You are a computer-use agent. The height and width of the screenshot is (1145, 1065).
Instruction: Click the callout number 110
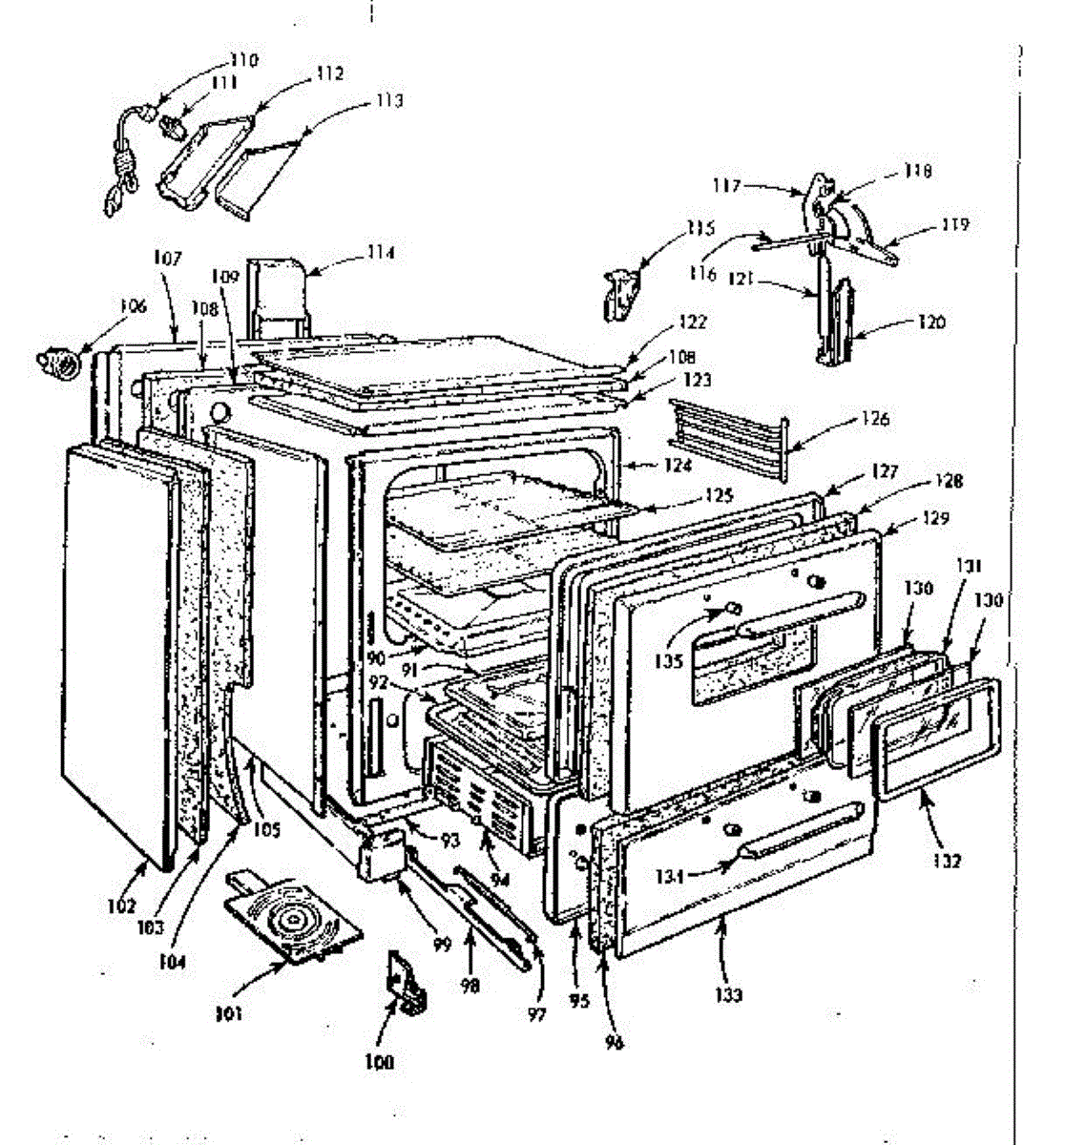[x=244, y=61]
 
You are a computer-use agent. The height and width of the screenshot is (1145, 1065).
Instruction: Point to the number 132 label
[x=948, y=861]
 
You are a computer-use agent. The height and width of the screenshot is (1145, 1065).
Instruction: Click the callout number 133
[x=729, y=995]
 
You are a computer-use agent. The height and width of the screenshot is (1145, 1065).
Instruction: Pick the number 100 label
[x=379, y=1062]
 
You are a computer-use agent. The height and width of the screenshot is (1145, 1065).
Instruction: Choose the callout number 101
[x=227, y=1013]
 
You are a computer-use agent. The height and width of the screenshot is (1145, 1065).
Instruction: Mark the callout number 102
[x=121, y=907]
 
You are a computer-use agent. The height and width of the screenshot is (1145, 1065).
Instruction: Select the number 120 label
[x=931, y=323]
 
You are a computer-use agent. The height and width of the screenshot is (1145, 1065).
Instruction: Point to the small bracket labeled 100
[x=404, y=983]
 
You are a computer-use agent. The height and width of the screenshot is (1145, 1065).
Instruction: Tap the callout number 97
[x=536, y=1015]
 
